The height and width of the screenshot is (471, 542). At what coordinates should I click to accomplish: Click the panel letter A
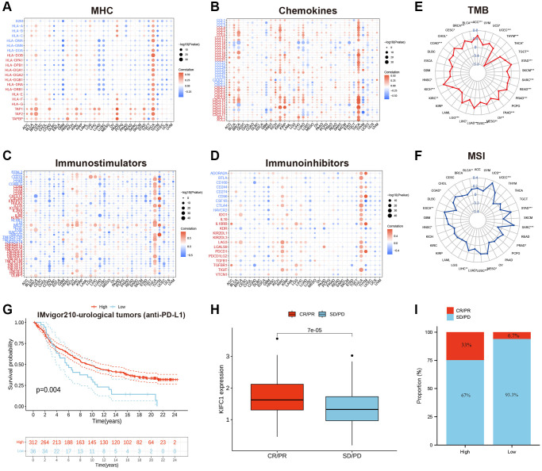(x=7, y=7)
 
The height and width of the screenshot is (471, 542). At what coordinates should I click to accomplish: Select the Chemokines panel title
(x=293, y=10)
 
